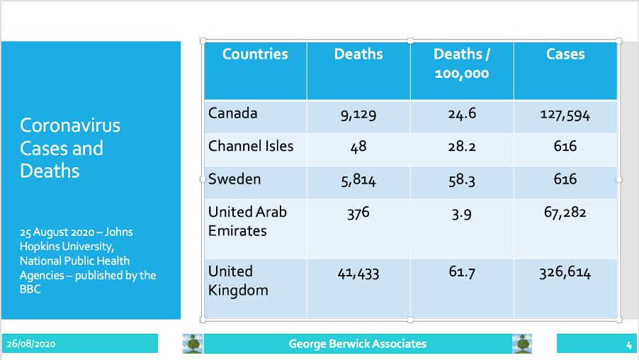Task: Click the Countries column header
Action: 255,55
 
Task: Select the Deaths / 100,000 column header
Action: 462,64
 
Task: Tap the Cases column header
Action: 565,55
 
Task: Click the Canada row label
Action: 233,113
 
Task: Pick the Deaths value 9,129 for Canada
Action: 358,115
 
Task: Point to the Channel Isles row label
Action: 251,147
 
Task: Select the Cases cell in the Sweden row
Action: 565,179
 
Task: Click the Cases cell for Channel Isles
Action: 565,147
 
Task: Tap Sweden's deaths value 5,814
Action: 358,180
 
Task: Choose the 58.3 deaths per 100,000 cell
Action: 462,180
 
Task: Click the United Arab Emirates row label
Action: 247,221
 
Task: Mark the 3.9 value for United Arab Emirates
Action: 462,213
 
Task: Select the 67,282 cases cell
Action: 565,213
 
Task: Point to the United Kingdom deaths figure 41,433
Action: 358,273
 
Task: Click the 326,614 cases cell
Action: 565,273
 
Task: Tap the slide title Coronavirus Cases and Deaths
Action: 70,148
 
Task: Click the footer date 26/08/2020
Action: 32,344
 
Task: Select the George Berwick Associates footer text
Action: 358,344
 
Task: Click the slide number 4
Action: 628,345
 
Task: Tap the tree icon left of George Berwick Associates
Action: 193,344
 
